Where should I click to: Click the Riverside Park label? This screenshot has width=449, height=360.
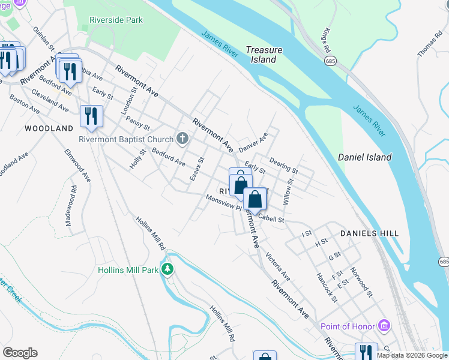[116, 20]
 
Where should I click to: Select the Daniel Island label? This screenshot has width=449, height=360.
[364, 157]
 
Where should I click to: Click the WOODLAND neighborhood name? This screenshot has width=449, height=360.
[49, 128]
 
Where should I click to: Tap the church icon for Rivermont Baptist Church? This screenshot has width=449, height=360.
[182, 139]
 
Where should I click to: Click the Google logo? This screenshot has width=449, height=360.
[20, 353]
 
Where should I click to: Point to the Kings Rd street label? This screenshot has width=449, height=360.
[327, 40]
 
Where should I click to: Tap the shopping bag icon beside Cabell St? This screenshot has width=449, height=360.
[255, 199]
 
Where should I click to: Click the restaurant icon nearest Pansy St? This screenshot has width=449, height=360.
[91, 115]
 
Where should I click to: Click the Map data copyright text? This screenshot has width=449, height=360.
[412, 355]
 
